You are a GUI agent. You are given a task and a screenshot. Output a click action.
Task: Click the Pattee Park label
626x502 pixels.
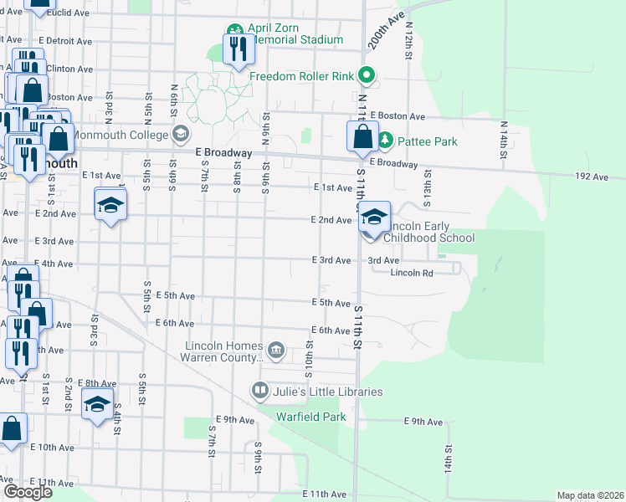427,141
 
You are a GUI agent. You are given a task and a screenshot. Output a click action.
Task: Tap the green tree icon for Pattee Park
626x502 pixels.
385,141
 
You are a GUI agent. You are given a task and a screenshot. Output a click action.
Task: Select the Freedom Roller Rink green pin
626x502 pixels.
366,76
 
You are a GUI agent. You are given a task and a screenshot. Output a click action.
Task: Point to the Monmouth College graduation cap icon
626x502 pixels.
180,134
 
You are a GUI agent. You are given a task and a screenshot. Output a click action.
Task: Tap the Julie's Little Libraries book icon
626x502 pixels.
260,391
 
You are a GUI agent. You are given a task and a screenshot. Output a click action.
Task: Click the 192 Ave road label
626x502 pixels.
592,177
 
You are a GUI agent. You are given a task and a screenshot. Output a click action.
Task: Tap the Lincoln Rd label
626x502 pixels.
412,273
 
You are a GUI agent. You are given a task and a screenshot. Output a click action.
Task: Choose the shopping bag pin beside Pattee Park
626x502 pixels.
362,136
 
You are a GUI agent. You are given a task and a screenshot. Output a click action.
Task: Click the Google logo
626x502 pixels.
28,492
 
